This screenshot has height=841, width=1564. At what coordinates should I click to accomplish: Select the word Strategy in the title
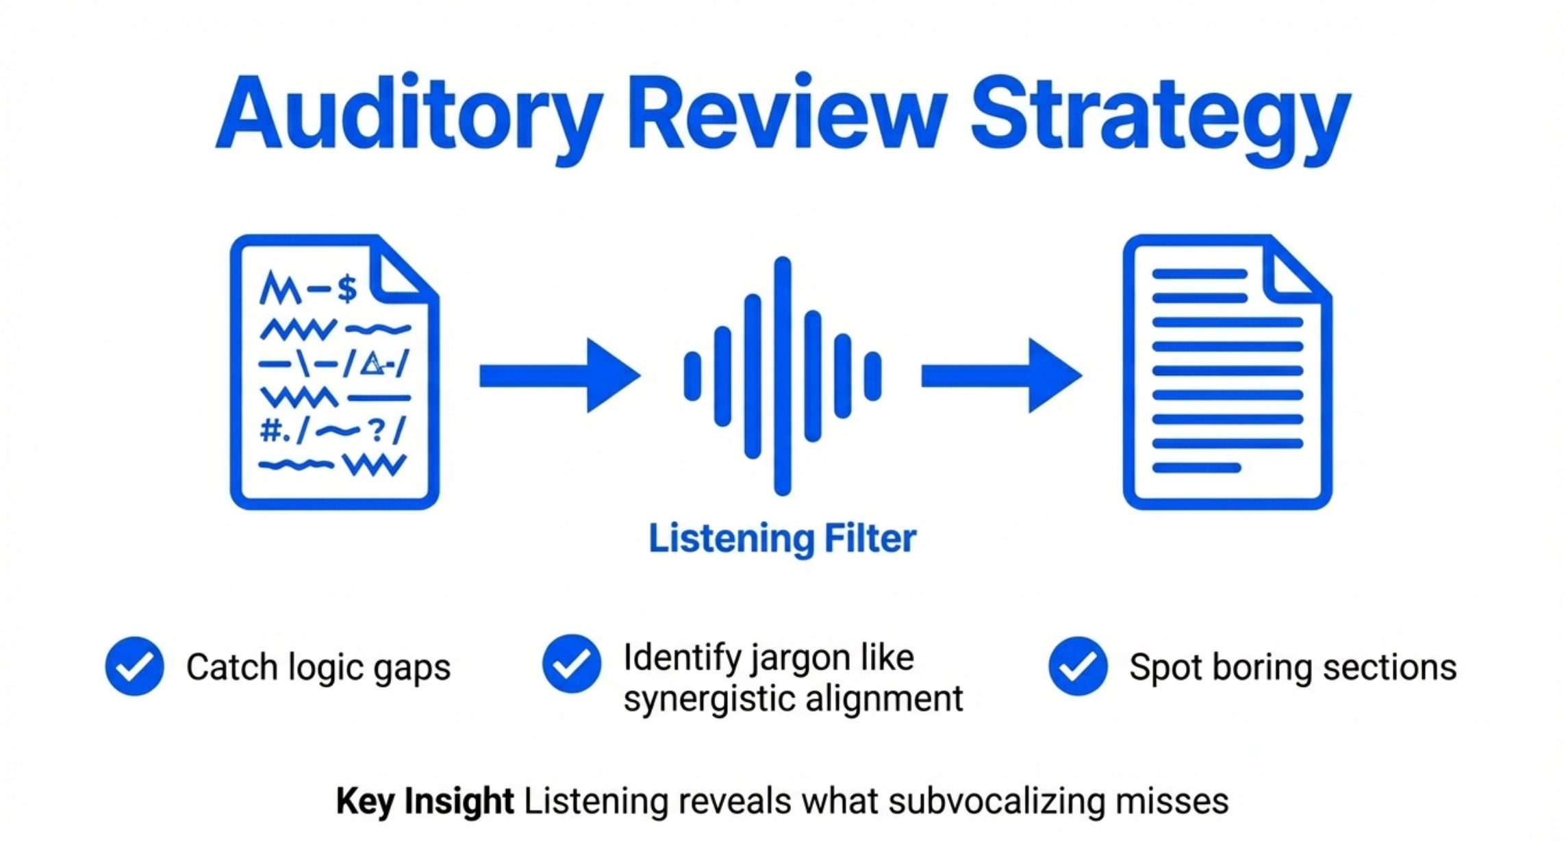point(1160,116)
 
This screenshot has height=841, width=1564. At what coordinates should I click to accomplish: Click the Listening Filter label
point(782,538)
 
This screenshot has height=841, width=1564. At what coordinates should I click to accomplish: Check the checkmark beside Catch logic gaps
point(134,666)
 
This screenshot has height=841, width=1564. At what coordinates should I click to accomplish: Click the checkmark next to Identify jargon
point(571,663)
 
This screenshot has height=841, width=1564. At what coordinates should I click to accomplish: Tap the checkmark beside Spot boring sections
point(1077,666)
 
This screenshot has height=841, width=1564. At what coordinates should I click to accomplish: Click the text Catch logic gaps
point(318,668)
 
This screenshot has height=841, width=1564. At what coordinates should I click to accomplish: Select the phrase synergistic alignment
point(793,699)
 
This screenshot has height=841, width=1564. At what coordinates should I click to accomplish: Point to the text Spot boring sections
point(1293,668)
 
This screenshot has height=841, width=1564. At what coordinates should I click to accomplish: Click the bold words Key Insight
point(425,801)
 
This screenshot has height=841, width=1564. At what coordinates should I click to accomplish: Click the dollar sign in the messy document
point(347,288)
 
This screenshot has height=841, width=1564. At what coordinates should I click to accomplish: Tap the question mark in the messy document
point(376,431)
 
